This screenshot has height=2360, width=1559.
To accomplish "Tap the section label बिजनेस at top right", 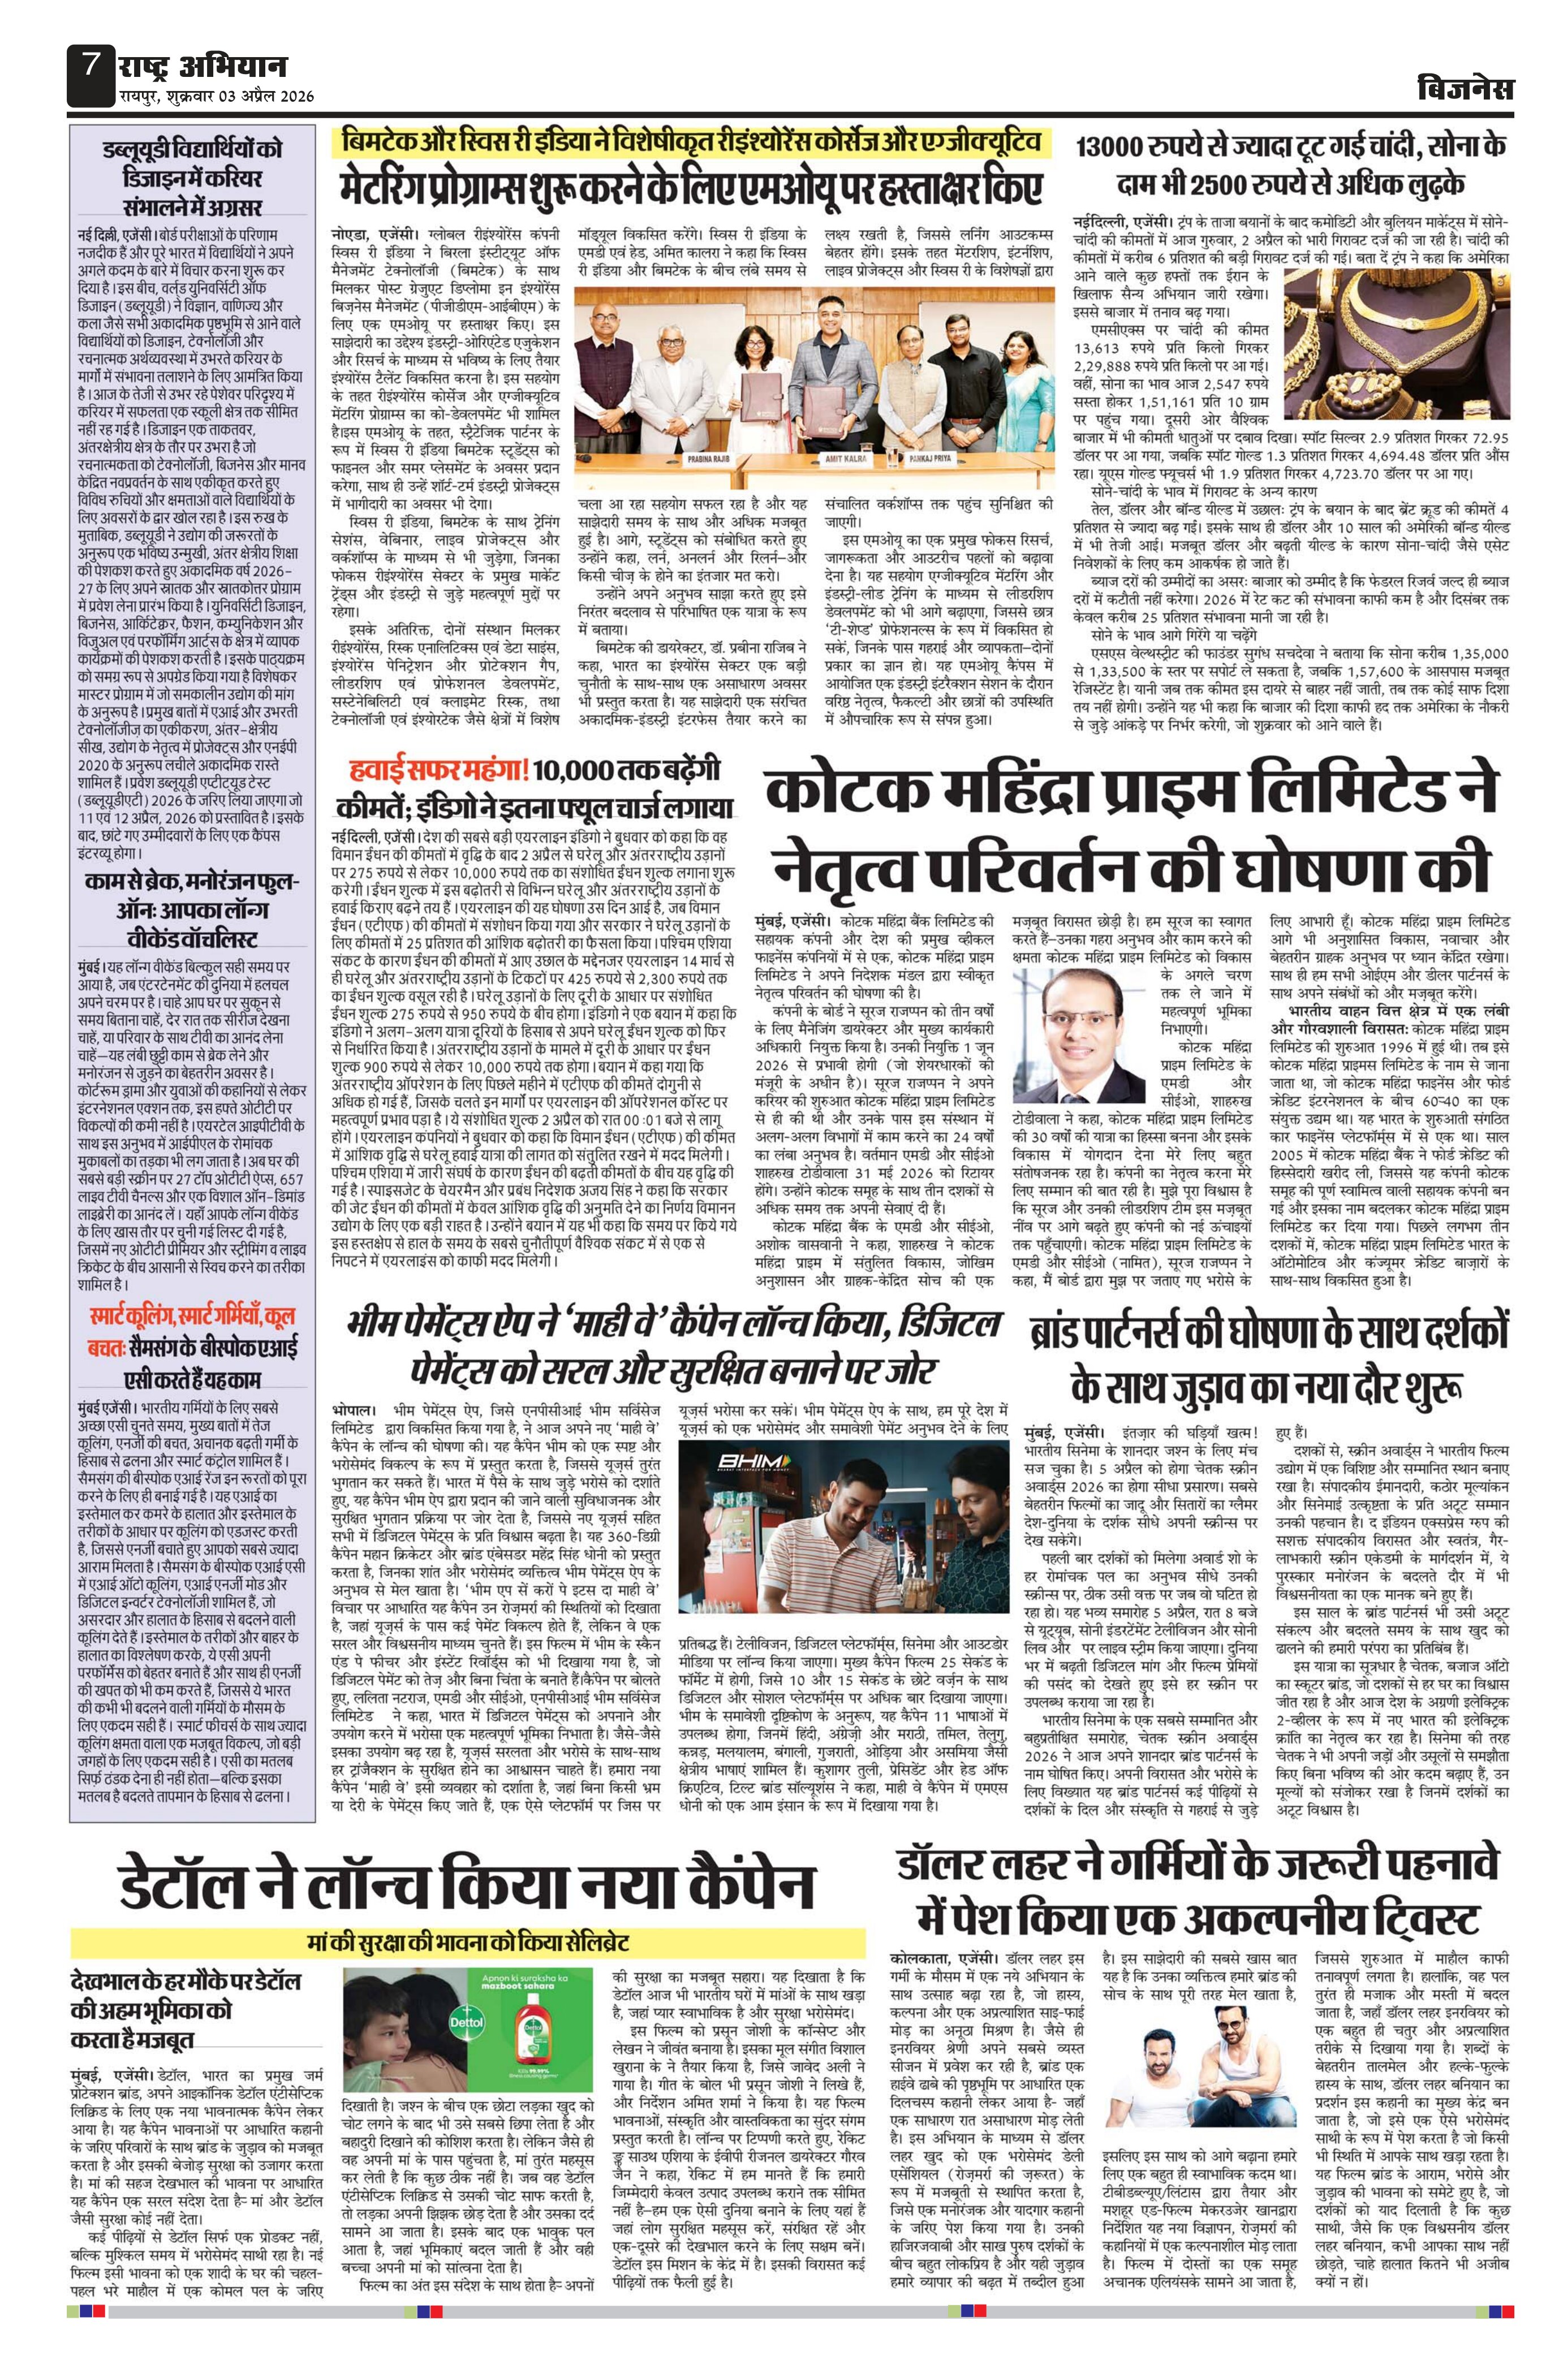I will click(1466, 89).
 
